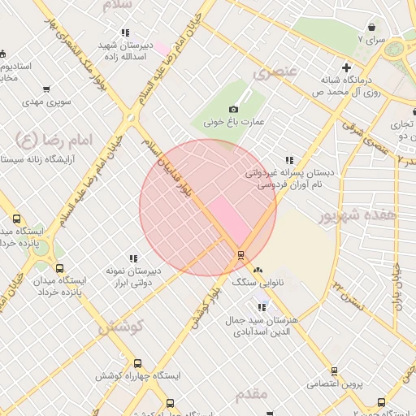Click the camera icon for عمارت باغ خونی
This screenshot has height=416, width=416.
[x=234, y=110]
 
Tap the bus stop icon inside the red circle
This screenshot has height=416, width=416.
[x=240, y=254]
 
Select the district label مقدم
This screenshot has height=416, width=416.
[x=251, y=394]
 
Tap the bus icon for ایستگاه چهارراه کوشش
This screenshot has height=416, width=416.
[x=136, y=364]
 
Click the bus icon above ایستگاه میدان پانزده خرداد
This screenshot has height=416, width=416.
[x=58, y=268]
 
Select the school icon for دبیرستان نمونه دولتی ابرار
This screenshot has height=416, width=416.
[x=133, y=258]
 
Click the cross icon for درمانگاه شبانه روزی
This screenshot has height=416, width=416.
[x=347, y=68]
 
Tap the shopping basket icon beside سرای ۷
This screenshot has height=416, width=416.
[x=371, y=27]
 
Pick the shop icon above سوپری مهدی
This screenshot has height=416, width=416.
[x=45, y=89]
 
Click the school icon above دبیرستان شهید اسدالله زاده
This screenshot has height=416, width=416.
[x=124, y=33]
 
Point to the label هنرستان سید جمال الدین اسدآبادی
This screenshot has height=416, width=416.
[x=266, y=326]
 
